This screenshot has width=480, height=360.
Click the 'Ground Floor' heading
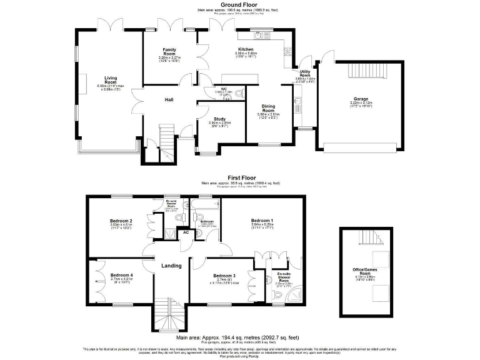(x=239, y=4)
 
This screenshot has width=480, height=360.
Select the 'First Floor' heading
(x=239, y=178)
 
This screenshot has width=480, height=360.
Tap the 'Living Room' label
(x=111, y=80)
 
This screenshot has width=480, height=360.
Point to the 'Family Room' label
(x=169, y=52)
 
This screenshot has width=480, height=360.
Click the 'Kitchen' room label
(x=245, y=49)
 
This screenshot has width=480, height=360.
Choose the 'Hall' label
(x=169, y=100)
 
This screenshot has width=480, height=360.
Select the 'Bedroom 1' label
(x=262, y=221)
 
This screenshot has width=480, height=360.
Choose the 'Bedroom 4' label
(x=122, y=275)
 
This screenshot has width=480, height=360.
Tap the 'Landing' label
(x=171, y=266)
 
